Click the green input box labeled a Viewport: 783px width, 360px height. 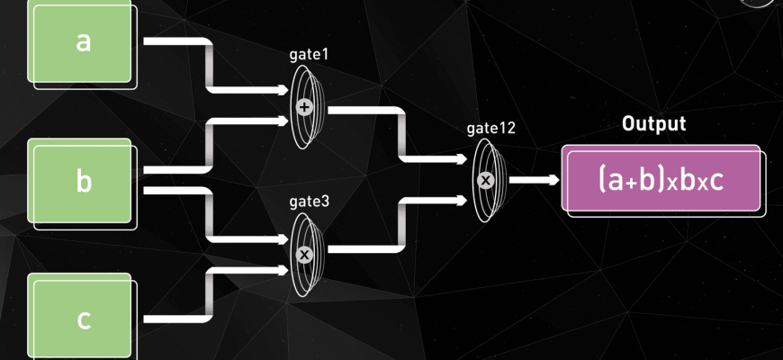83,43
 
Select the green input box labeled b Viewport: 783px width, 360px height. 83,182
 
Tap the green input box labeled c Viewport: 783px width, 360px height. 83,319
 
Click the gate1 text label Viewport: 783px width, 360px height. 309,55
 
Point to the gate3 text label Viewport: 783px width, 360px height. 309,202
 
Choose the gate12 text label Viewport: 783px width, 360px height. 490,128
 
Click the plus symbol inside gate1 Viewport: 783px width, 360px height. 304,107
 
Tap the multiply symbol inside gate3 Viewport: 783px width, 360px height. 304,255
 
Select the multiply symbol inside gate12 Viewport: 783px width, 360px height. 486,180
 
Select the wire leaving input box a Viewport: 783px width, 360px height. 175,41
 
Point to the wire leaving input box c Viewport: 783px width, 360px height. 175,318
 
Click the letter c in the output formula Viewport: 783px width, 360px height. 716,181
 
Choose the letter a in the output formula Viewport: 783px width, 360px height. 614,182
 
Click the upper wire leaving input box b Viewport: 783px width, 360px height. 175,169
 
